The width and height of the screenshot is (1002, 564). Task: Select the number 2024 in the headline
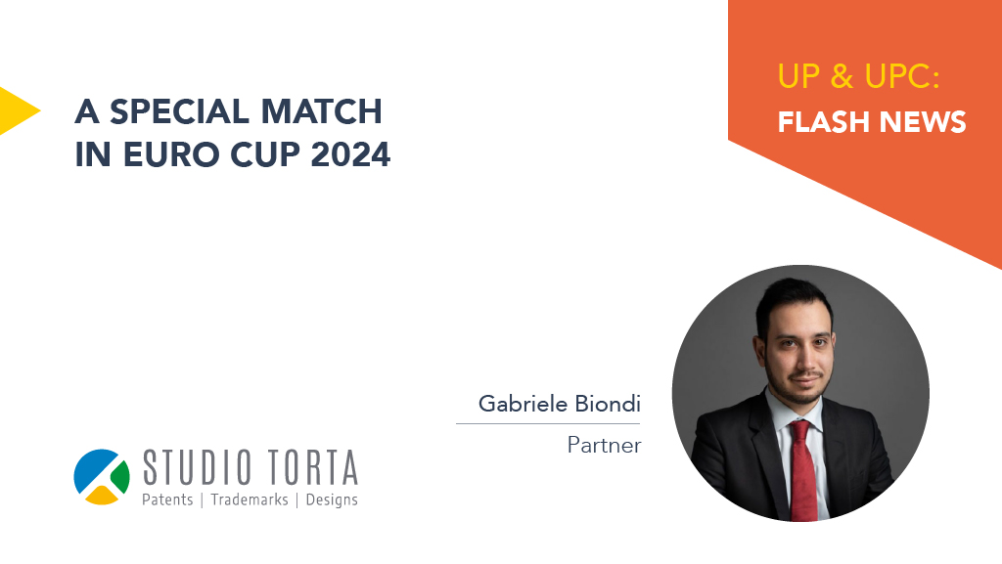350,154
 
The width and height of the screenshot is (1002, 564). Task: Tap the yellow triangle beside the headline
18,111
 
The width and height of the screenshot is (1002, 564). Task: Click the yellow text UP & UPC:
858,76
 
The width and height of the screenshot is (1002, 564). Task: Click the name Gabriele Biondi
559,404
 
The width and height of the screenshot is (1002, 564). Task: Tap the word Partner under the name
604,445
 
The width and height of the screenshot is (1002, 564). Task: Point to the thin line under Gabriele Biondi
548,423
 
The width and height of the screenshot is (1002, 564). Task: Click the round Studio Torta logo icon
102,477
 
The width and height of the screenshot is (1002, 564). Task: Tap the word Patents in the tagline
167,499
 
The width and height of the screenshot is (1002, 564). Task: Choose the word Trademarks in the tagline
250,499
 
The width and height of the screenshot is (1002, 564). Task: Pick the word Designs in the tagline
332,499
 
